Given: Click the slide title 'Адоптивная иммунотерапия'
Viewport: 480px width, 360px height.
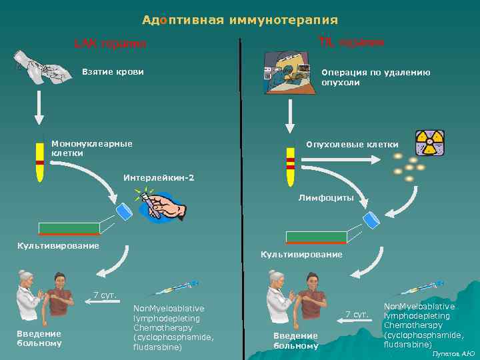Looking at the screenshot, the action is tap(239, 21).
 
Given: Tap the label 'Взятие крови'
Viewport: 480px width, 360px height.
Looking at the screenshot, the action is tap(112, 71).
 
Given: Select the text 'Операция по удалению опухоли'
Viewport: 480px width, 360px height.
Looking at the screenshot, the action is tap(375, 77).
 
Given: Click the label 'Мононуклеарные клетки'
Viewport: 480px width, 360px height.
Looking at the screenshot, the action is tap(92, 148).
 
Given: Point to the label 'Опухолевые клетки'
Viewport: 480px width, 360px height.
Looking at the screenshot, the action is tap(352, 144).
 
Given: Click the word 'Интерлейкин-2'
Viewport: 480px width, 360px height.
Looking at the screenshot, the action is tap(159, 177).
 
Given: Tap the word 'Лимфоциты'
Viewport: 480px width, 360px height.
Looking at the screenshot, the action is tap(326, 197).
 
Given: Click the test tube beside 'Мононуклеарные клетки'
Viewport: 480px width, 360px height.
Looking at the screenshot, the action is tap(40, 161).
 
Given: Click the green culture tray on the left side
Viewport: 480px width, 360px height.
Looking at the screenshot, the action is tap(69, 229).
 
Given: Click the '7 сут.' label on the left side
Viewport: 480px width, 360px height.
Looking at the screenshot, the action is tap(105, 295).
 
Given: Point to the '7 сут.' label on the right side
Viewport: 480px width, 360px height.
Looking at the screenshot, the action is tap(357, 313).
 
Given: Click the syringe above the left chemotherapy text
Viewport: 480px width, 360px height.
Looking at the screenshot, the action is tap(175, 288).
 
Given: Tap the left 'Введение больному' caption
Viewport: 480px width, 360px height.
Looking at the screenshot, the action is tap(39, 338).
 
